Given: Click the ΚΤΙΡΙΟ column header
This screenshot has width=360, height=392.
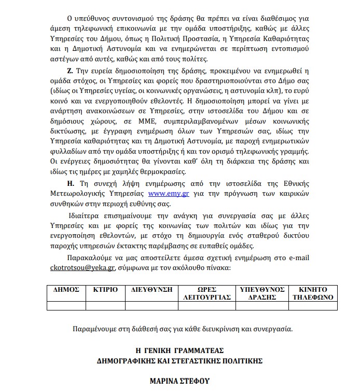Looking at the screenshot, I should coord(105,289).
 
